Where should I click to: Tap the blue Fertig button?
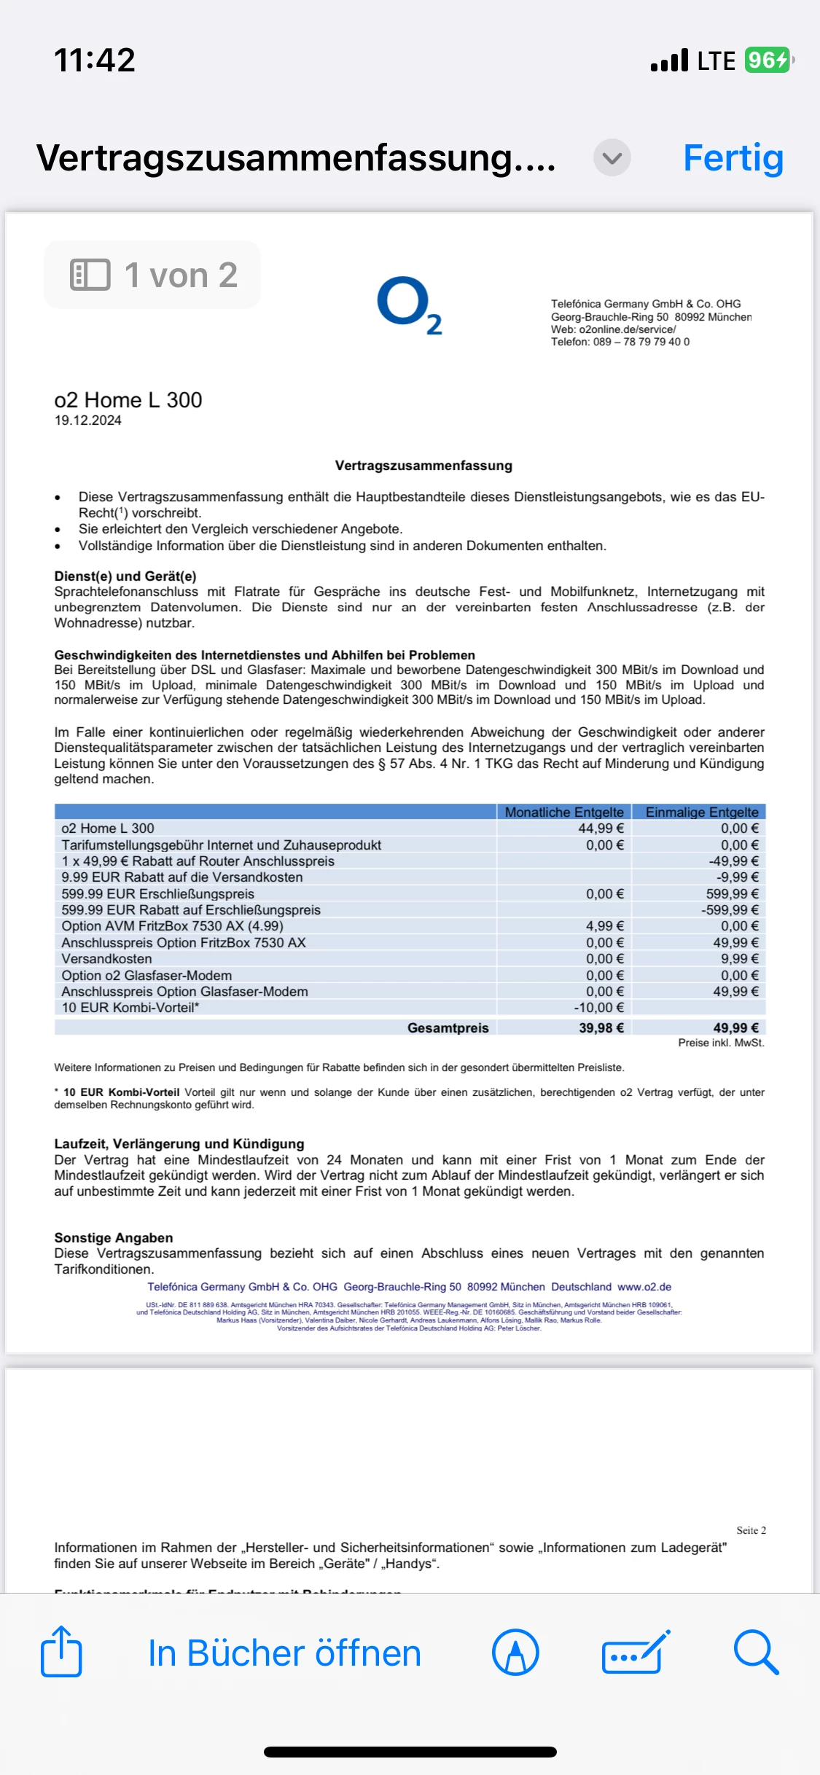[733, 158]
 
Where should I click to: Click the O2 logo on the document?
[410, 305]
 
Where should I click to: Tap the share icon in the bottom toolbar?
[61, 1652]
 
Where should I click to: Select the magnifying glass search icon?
[756, 1652]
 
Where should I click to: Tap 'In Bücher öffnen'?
[284, 1653]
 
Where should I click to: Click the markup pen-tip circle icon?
[515, 1652]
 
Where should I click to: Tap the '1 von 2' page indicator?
[153, 275]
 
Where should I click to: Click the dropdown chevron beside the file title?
[612, 157]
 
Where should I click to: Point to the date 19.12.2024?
[88, 420]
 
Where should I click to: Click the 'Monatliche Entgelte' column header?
[564, 812]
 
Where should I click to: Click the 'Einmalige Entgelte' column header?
[702, 812]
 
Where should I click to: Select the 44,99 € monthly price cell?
[601, 828]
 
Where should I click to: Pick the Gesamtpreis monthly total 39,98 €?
[601, 1027]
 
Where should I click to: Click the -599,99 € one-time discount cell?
[730, 910]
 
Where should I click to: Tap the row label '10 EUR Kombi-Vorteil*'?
[130, 1008]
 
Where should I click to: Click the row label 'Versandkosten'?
[107, 959]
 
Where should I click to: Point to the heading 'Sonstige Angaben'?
[114, 1237]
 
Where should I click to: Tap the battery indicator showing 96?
[768, 60]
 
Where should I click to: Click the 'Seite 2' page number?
[751, 1530]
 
